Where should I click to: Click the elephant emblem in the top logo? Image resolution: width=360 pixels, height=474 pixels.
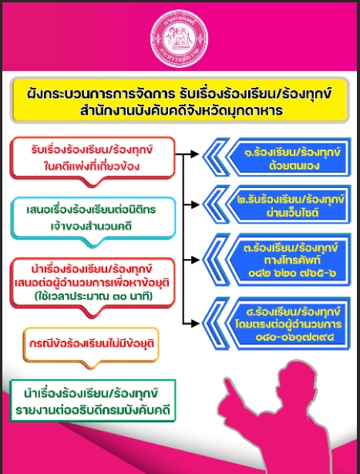tap(180, 38)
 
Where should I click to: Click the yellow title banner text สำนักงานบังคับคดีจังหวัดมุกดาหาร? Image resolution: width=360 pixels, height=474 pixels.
tap(182, 111)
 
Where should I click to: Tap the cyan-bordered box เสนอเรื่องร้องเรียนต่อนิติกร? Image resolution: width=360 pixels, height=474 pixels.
tap(93, 218)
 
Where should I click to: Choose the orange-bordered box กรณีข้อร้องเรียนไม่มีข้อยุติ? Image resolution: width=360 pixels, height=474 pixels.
tap(91, 345)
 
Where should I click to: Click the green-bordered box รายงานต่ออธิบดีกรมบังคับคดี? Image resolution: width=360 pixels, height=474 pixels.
tap(93, 401)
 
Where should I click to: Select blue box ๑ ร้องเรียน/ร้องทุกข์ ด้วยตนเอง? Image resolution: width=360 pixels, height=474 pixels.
tap(277, 157)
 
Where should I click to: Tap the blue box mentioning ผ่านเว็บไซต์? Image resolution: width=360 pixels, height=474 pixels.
tap(277, 205)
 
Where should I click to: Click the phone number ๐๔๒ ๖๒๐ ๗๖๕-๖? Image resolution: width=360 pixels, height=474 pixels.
tap(292, 274)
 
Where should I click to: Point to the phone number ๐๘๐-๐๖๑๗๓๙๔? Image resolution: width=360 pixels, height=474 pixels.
tap(295, 337)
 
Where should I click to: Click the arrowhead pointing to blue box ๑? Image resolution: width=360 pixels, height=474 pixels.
tap(195, 154)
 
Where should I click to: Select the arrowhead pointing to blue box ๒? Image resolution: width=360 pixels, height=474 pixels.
tap(195, 205)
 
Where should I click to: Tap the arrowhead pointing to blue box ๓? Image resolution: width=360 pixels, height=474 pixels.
tap(195, 260)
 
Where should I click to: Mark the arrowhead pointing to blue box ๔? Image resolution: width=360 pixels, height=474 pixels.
tap(195, 324)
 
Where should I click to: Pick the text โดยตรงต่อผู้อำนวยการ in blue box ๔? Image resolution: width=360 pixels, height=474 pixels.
tap(288, 324)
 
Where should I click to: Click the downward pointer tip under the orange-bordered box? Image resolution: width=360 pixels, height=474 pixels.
tap(92, 368)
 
